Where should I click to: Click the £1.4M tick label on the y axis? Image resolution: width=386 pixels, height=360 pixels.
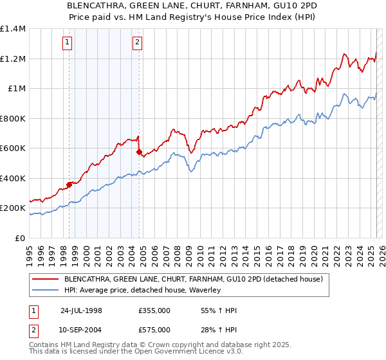pos(13,29)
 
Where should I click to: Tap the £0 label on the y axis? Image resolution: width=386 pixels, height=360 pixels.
pos(21,239)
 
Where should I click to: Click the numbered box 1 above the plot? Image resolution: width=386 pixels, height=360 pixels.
pos(68,43)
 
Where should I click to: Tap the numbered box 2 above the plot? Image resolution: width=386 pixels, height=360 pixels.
pos(138,43)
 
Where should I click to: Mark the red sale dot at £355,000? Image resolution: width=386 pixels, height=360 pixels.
pos(69,185)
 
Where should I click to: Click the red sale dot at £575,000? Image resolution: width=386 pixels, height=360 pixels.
pos(139,152)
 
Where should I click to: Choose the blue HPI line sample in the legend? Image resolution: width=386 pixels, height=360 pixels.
pos(45,291)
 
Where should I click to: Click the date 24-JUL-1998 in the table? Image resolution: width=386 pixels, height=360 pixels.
pos(81,310)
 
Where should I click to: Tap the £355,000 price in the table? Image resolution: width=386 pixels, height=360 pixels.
pos(154,310)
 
